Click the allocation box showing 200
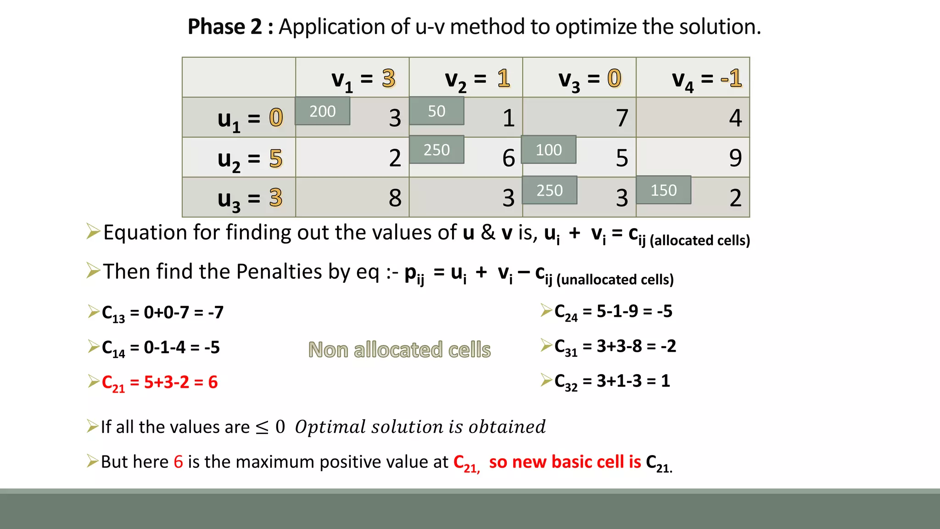(x=322, y=111)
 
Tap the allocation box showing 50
(x=436, y=111)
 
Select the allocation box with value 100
(x=548, y=150)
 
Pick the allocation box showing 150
(x=663, y=190)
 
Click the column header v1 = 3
(x=363, y=79)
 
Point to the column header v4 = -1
(x=706, y=79)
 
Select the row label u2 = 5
(x=250, y=159)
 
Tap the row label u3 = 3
(x=250, y=199)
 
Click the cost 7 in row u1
(x=621, y=118)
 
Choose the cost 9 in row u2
(x=735, y=158)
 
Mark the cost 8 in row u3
(x=395, y=198)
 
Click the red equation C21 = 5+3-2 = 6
(x=159, y=383)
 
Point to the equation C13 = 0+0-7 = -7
(x=162, y=313)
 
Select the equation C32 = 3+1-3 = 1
(x=612, y=381)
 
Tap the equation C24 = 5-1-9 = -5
(x=613, y=312)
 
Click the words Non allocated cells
(x=399, y=350)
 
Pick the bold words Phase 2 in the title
(x=224, y=27)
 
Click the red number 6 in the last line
(x=178, y=462)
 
